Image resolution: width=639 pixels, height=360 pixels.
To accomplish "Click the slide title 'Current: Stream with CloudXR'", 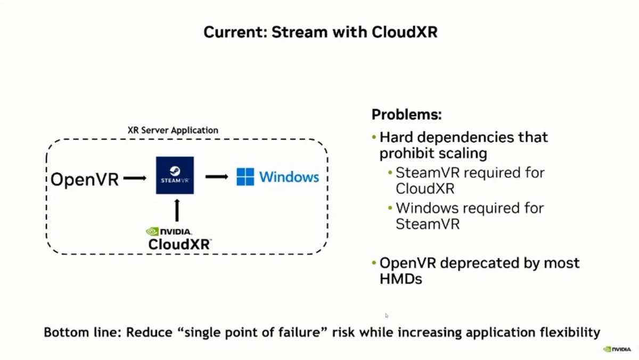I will [x=320, y=31].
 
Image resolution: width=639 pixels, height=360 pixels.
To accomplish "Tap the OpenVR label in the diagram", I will [x=85, y=179].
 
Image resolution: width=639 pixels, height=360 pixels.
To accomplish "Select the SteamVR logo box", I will [x=175, y=175].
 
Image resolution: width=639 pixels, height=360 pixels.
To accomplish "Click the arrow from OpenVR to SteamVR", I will [x=134, y=179].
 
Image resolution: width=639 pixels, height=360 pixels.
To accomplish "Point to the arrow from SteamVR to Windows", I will [x=216, y=176].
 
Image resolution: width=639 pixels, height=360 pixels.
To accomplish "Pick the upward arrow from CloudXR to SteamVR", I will [x=176, y=210].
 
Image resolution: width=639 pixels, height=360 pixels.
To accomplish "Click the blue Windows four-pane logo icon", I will [x=245, y=177].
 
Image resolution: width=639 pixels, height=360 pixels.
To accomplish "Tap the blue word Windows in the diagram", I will [x=289, y=177].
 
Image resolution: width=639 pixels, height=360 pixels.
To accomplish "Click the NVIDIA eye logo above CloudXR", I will [x=152, y=232].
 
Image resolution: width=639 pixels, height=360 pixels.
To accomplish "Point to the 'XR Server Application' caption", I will [x=173, y=130].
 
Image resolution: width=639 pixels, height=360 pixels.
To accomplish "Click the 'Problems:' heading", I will [x=407, y=114].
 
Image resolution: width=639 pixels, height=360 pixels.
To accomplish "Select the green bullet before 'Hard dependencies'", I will [x=374, y=137].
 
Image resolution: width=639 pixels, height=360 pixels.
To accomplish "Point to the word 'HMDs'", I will [x=400, y=279].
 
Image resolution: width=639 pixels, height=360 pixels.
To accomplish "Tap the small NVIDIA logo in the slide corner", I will [x=617, y=349].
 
